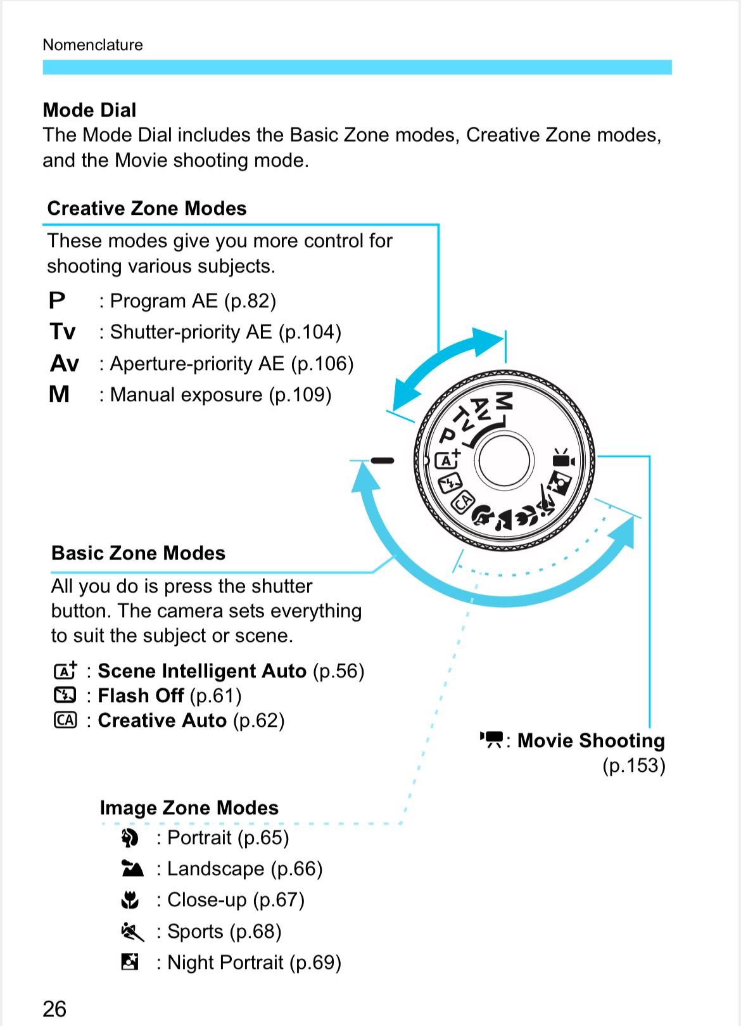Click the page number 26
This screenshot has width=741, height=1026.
coord(54,1008)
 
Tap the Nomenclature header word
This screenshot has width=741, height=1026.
coord(92,45)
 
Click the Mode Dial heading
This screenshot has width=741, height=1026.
coord(89,110)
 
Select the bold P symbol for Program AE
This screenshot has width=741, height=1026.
coord(57,300)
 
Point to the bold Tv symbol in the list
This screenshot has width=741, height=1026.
coord(63,331)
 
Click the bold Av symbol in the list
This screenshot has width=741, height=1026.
coord(65,363)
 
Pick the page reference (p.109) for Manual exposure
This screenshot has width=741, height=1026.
coord(300,395)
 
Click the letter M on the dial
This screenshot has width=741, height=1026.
coord(503,401)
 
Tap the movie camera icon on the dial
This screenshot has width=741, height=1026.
coord(562,458)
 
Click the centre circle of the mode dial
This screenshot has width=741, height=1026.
coord(505,461)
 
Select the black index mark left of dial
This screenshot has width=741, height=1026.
coord(382,461)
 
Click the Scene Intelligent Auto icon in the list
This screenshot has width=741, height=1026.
coord(65,670)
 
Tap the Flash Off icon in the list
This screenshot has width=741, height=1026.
coord(65,695)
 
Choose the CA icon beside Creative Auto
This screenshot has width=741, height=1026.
coord(65,721)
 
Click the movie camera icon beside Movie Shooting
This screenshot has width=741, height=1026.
coord(492,740)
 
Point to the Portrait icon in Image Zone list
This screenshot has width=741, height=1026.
coord(130,838)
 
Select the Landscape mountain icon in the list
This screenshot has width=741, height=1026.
coord(132,868)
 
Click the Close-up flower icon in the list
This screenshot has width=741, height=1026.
coord(130,900)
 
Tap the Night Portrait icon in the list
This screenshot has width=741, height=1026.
coord(130,962)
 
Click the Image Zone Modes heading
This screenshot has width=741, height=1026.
coord(189,808)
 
